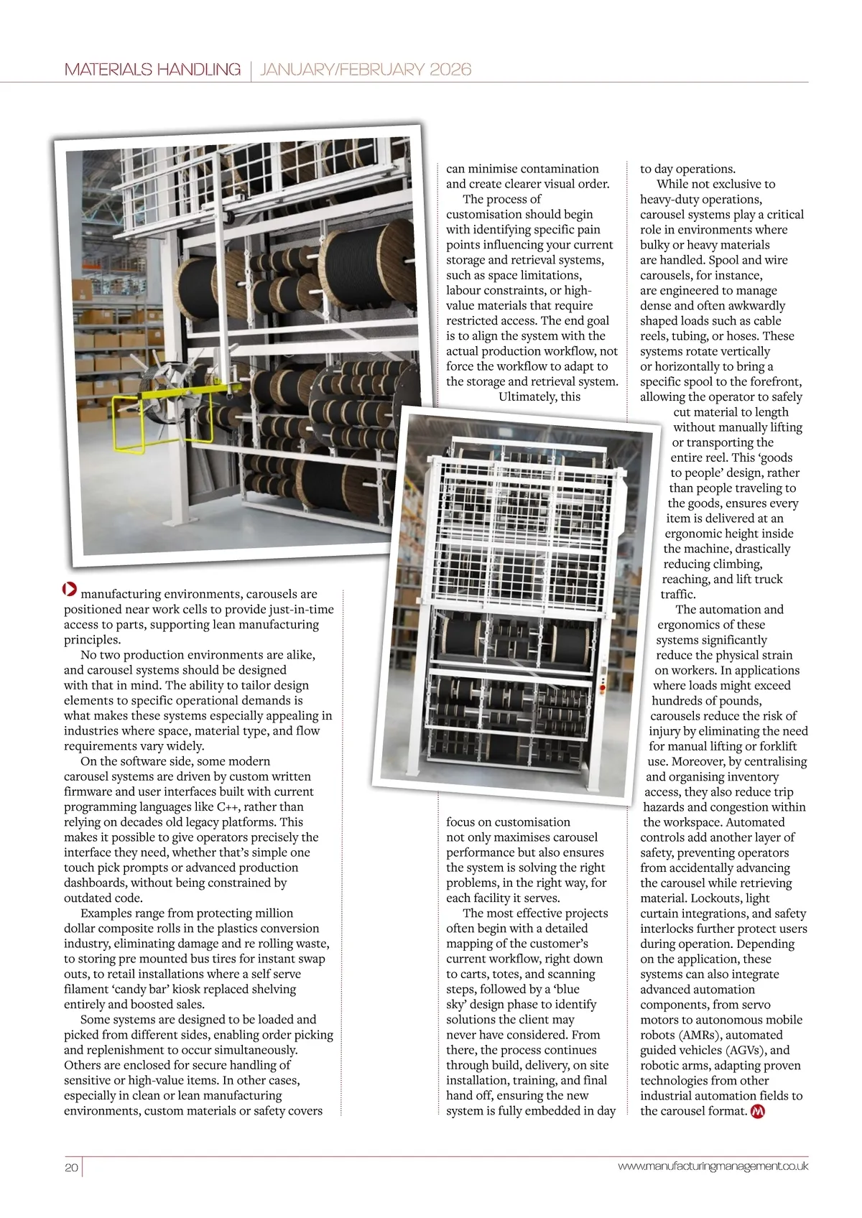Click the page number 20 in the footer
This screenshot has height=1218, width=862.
pyautogui.click(x=71, y=1167)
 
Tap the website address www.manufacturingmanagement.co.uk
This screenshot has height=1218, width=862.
pyautogui.click(x=713, y=1166)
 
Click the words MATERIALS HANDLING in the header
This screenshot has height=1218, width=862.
pyautogui.click(x=152, y=70)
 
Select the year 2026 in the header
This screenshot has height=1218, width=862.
pyautogui.click(x=450, y=70)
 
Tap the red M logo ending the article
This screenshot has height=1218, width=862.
pyautogui.click(x=757, y=1111)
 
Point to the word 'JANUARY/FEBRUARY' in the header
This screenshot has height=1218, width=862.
pyautogui.click(x=341, y=70)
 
